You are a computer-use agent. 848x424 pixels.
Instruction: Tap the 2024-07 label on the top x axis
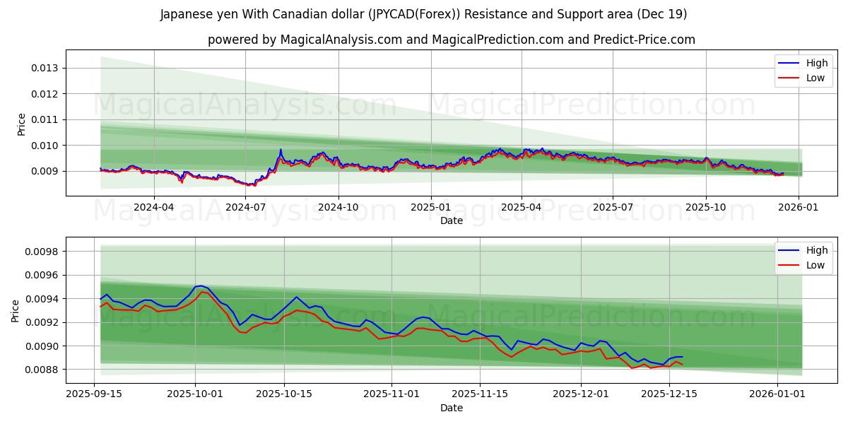[x=245, y=208]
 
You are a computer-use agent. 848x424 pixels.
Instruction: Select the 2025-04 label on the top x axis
[x=522, y=208]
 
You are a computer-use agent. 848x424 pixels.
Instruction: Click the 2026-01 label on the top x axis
[x=799, y=208]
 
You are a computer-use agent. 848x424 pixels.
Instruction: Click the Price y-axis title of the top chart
[x=21, y=124]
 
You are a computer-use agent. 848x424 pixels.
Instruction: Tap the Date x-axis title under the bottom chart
[x=452, y=408]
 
